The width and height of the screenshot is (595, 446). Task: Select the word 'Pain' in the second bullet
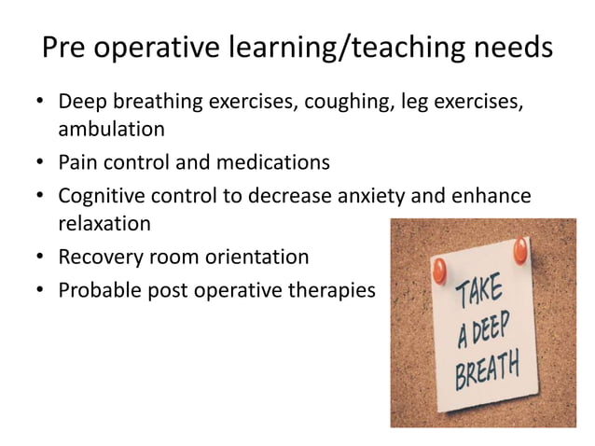[x=79, y=162]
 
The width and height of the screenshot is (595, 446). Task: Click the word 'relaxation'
[x=105, y=224]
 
